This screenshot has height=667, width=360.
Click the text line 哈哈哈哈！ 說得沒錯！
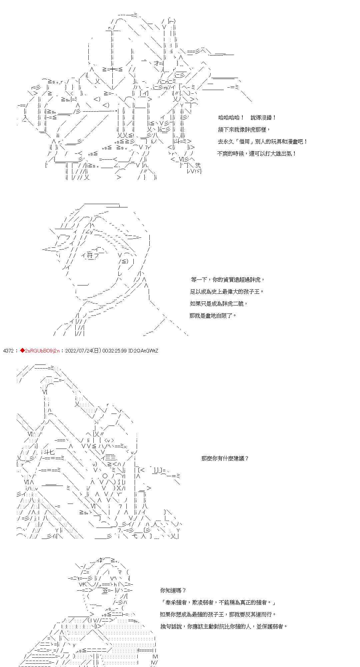[247, 118]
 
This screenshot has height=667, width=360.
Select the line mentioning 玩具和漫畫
[263, 141]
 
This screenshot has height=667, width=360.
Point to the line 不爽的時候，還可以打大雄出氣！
[257, 153]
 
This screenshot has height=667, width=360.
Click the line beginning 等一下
[228, 279]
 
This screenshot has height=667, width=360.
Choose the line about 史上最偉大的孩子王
[227, 291]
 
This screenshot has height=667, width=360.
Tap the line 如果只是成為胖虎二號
[219, 303]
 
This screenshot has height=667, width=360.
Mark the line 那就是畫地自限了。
[213, 315]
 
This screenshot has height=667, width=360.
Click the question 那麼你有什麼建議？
[225, 458]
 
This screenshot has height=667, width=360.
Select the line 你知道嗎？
[173, 590]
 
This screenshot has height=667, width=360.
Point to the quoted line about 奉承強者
[218, 602]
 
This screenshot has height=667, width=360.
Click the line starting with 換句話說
[224, 626]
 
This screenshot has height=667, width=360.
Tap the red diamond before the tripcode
[22, 351]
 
